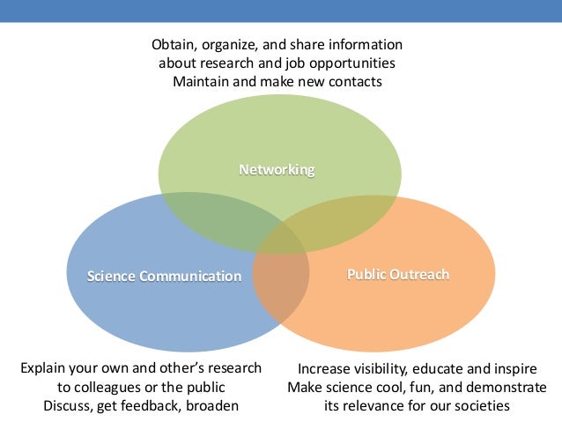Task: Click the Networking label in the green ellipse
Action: pos(277,168)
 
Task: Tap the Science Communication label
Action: pos(164,276)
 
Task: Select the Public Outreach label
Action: pos(398,274)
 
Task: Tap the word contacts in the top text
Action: pos(355,82)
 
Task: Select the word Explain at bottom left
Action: pos(43,368)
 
